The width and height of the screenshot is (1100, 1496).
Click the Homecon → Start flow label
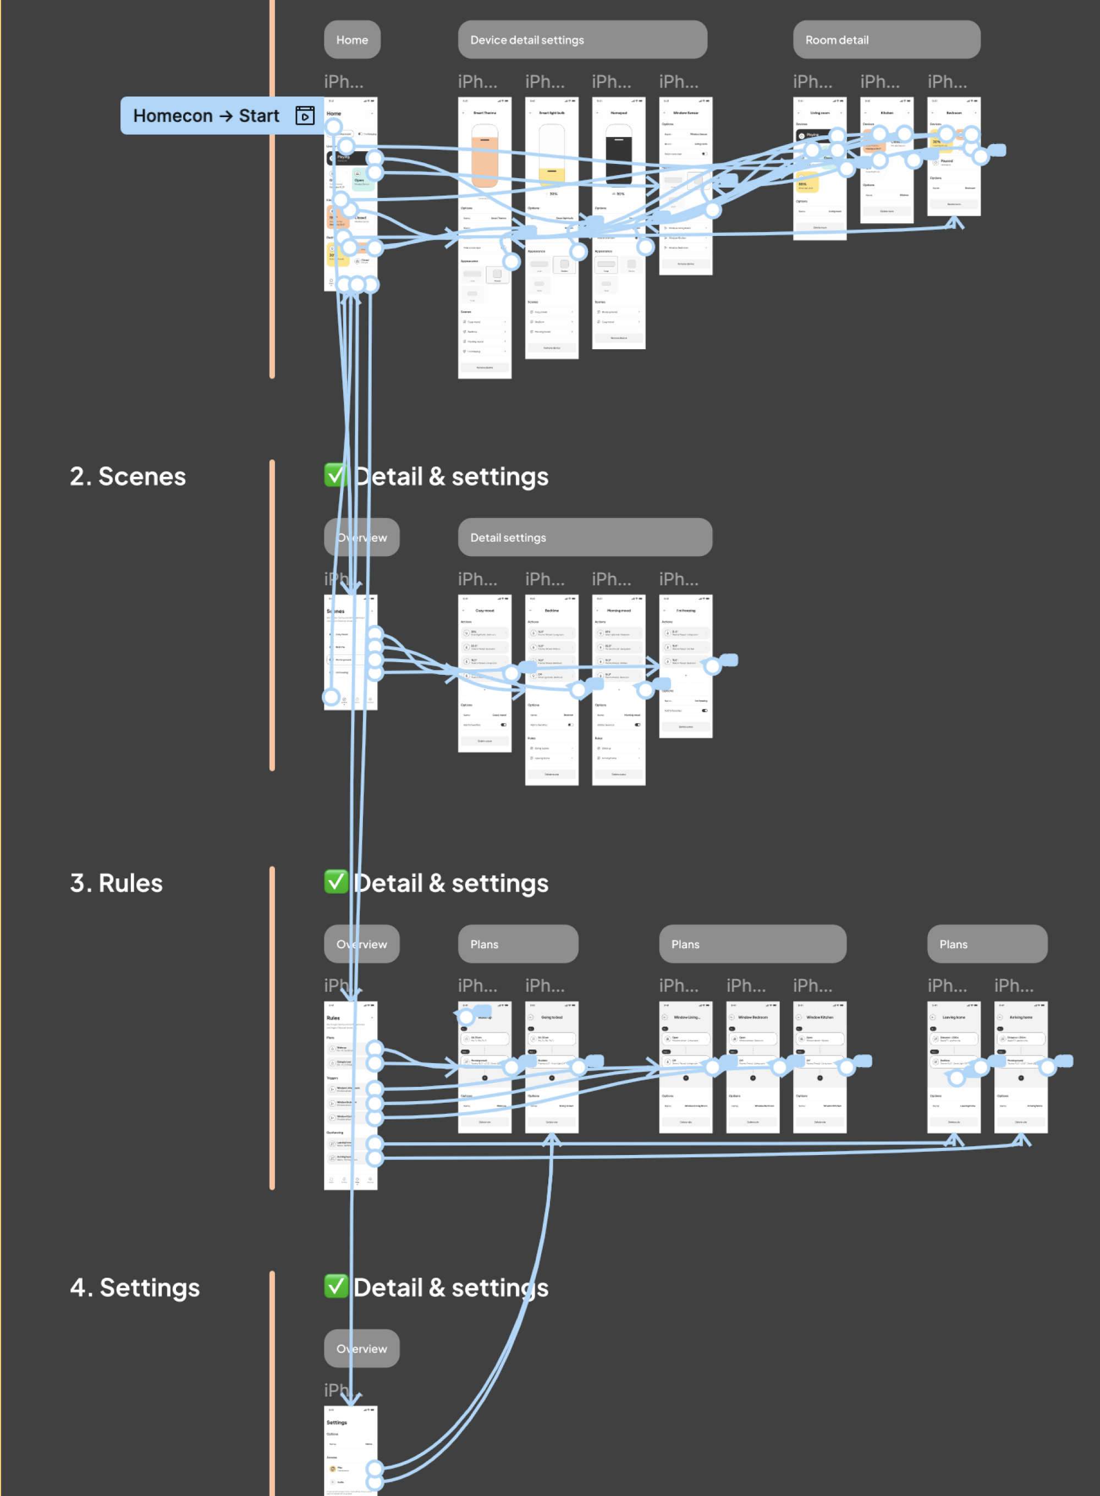tap(206, 116)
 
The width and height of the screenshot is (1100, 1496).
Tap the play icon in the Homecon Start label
tap(305, 116)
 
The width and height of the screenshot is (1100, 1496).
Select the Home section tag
tap(351, 40)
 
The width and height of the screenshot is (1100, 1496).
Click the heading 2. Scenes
tap(128, 477)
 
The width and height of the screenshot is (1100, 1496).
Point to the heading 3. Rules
tap(117, 883)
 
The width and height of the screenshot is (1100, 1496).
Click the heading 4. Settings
tap(135, 1288)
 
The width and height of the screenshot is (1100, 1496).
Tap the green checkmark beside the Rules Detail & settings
tap(336, 882)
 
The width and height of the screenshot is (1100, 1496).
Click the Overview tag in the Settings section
tap(361, 1349)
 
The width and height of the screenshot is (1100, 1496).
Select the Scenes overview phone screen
tap(350, 652)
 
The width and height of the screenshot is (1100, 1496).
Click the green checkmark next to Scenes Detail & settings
tap(336, 475)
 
